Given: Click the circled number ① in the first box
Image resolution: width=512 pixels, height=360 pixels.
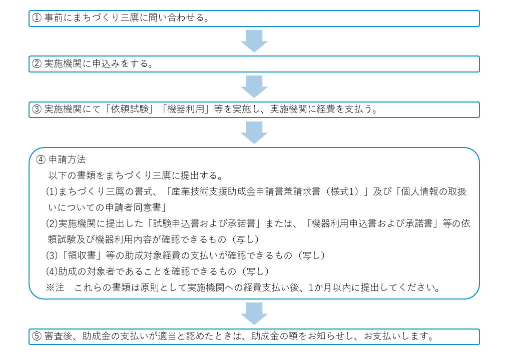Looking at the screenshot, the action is click(x=37, y=17).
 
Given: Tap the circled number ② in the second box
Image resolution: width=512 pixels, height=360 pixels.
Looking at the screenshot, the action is click(x=37, y=63).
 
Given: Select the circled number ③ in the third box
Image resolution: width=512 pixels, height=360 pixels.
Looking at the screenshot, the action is click(x=37, y=109).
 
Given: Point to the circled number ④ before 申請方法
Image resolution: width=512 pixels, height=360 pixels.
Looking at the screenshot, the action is click(x=41, y=159).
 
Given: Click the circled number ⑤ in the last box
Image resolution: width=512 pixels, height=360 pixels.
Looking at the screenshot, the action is click(x=37, y=336).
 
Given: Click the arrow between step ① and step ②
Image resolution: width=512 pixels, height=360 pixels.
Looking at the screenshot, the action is click(x=254, y=41).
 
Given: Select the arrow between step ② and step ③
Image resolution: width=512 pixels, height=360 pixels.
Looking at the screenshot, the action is click(x=254, y=86).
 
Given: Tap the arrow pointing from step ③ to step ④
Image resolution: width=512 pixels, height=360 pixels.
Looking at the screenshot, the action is click(x=254, y=132).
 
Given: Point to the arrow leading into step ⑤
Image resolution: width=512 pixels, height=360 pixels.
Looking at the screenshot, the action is click(x=254, y=313).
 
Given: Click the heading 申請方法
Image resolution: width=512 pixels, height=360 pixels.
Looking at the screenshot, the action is click(x=67, y=159).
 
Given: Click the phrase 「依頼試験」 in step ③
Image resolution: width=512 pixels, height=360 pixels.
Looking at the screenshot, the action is click(x=130, y=109).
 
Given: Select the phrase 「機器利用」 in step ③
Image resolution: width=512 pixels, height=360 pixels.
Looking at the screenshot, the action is click(x=186, y=109).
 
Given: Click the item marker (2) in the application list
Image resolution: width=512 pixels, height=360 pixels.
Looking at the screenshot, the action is click(x=52, y=223).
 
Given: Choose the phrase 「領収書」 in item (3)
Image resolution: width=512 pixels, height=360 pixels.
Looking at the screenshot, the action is click(x=81, y=255).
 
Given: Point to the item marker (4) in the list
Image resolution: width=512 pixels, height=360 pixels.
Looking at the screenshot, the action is click(x=52, y=271).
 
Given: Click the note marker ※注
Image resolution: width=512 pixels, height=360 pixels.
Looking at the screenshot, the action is click(x=55, y=287).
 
